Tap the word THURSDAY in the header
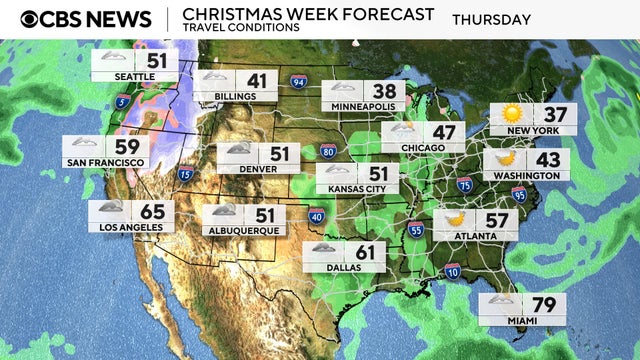tap(491, 19)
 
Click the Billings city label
tap(227, 96)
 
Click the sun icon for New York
tap(512, 114)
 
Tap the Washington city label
tap(526, 175)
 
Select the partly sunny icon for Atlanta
tap(455, 219)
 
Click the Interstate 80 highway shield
tap(328, 151)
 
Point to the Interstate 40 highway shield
tap(316, 215)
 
